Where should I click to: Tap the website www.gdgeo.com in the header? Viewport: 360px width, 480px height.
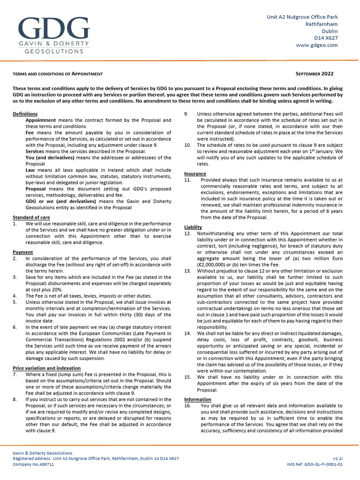tap(317, 45)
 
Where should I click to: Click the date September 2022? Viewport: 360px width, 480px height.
tap(315, 74)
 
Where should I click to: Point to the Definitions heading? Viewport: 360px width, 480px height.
tap(25, 114)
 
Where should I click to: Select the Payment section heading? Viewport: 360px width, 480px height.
tap(22, 252)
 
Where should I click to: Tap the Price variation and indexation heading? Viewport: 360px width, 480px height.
tap(46, 368)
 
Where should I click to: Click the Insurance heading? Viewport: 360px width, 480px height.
tap(195, 173)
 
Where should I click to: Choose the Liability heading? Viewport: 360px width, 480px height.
tap(193, 227)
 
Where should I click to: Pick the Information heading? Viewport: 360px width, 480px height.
tap(197, 399)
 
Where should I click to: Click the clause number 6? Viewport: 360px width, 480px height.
tap(15, 327)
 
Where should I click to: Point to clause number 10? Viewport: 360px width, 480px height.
tap(187, 145)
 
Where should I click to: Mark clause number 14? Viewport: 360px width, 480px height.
tap(187, 333)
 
